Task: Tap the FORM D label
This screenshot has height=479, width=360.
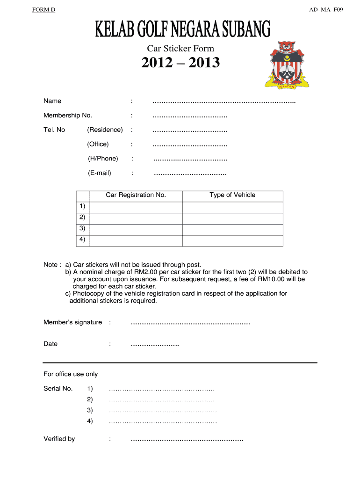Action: tap(44, 10)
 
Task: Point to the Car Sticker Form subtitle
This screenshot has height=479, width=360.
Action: tap(180, 48)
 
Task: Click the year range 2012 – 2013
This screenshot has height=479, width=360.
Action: tap(180, 63)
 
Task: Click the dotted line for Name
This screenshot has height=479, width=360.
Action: tap(224, 102)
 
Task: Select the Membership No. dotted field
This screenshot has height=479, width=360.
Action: tap(190, 116)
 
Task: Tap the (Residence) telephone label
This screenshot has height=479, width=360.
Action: tap(105, 130)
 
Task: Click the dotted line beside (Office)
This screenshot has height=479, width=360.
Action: tap(190, 145)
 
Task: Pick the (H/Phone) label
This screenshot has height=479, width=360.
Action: tap(103, 159)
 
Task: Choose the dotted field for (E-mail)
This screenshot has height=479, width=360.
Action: tap(190, 174)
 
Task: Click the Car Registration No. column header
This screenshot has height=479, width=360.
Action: tap(136, 195)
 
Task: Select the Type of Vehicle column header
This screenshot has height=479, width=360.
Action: tap(232, 195)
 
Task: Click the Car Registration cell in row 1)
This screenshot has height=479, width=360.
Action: tap(136, 207)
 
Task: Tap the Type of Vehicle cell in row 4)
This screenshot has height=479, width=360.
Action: tap(232, 240)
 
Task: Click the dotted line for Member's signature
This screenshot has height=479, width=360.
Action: tap(190, 323)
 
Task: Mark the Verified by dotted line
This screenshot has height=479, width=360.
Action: tap(187, 440)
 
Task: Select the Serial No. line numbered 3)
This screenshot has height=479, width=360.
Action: tap(163, 411)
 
